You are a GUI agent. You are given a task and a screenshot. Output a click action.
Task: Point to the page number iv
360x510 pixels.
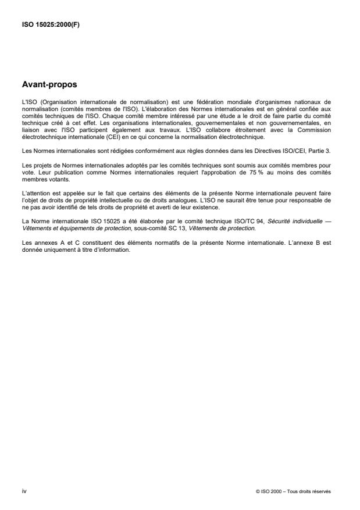pyautogui.click(x=24, y=491)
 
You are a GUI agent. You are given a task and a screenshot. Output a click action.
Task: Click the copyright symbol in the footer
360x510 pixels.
pyautogui.click(x=257, y=491)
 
